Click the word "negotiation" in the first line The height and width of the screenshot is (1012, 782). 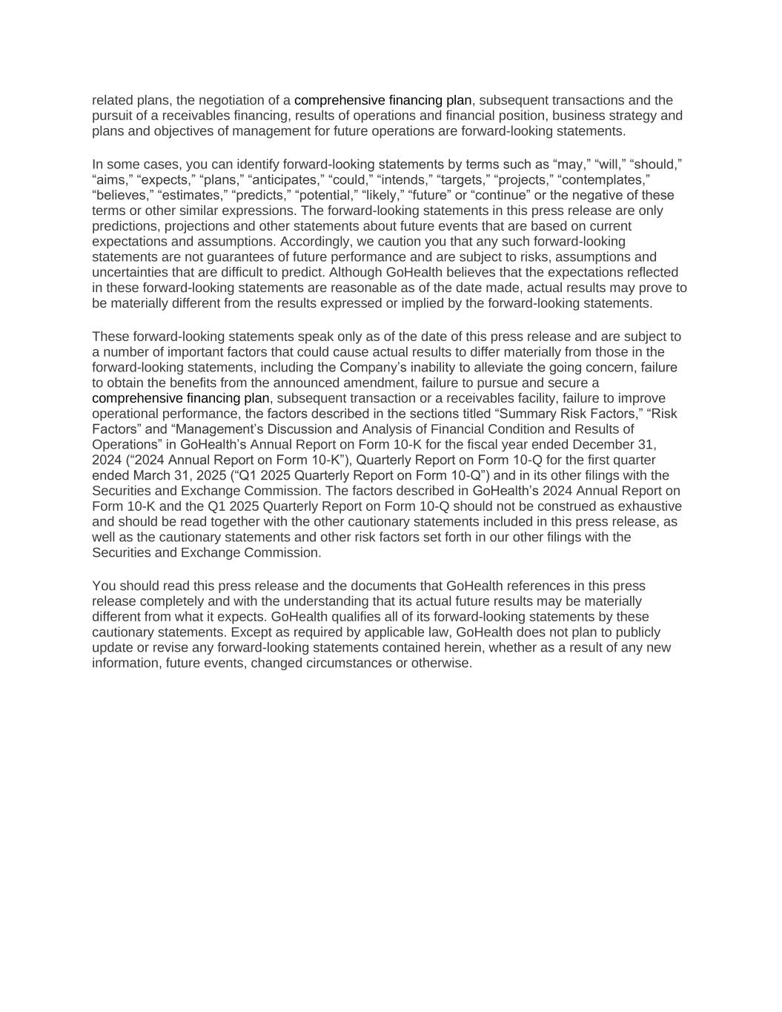(225, 100)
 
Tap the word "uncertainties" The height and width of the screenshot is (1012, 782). (131, 272)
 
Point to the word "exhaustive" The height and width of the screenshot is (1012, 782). (649, 506)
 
